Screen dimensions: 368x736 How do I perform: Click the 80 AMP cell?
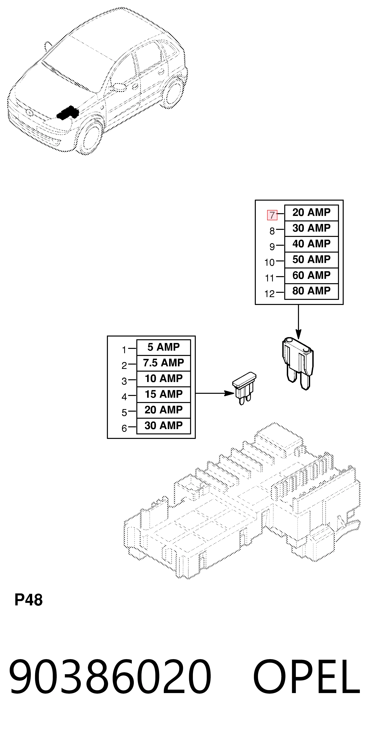coord(312,291)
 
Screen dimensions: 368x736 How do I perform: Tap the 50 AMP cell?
coord(312,260)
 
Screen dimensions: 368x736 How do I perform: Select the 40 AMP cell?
coord(312,244)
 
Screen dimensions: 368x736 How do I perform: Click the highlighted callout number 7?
coord(272,215)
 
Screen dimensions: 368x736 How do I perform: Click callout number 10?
coord(270,262)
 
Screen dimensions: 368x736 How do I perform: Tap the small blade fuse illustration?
coord(244,388)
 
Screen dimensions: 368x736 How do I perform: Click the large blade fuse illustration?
coord(298,363)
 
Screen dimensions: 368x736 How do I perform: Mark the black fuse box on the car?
coord(67,113)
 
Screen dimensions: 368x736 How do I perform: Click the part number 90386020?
coord(110,677)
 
